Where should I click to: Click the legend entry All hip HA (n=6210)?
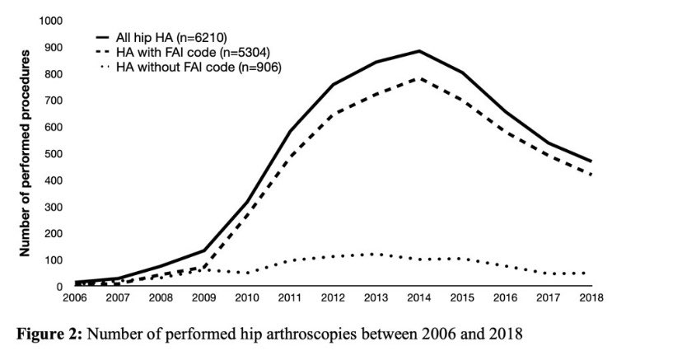(x=165, y=37)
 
